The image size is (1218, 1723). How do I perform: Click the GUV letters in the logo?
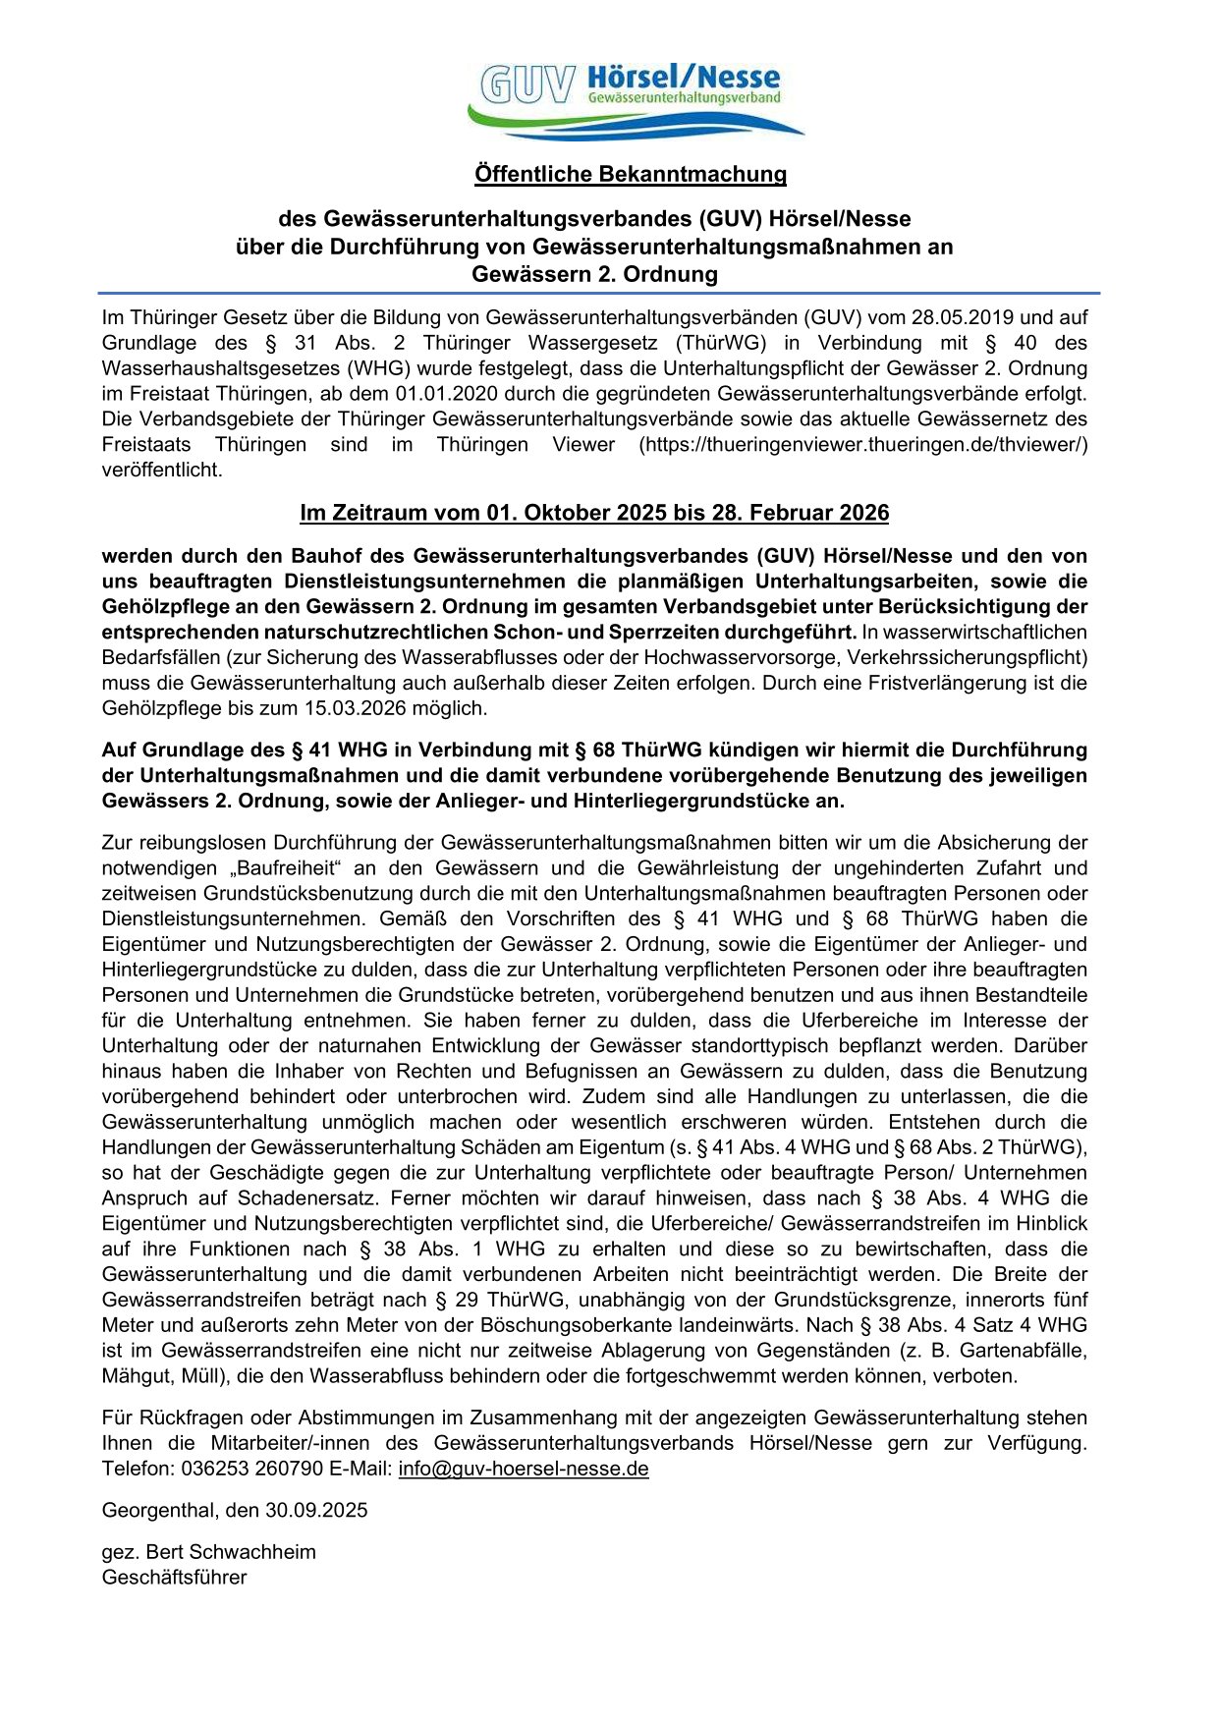pyautogui.click(x=526, y=85)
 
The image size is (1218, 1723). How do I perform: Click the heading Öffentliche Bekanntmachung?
pyautogui.click(x=631, y=174)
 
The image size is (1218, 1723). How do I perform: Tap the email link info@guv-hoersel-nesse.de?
pyautogui.click(x=524, y=1469)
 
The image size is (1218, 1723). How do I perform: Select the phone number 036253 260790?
pyautogui.click(x=251, y=1469)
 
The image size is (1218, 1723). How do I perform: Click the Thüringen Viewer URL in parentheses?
pyautogui.click(x=863, y=445)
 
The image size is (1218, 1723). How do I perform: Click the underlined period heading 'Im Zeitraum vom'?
pyautogui.click(x=594, y=513)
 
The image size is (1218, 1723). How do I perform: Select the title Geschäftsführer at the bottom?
pyautogui.click(x=174, y=1578)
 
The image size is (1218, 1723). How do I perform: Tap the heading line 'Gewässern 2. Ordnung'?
pyautogui.click(x=594, y=274)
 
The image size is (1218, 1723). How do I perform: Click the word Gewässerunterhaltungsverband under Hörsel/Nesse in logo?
pyautogui.click(x=684, y=98)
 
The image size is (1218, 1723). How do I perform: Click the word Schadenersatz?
pyautogui.click(x=312, y=1198)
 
